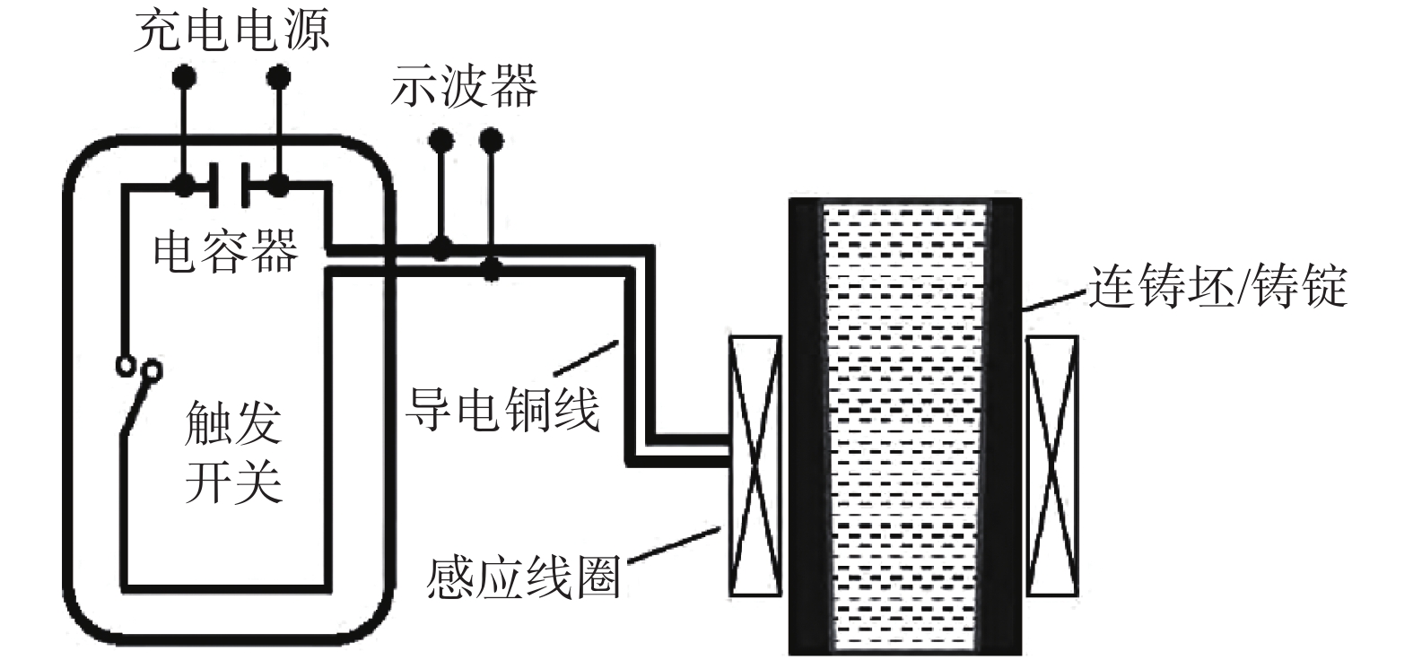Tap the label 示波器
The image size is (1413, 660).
click(464, 87)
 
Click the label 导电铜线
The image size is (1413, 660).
click(502, 409)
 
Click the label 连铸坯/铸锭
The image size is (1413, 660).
click(1217, 286)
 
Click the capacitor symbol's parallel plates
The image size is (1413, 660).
click(231, 186)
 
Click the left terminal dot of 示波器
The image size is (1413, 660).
click(440, 140)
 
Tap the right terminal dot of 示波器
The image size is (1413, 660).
click(491, 140)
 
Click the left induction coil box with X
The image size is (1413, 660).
click(754, 465)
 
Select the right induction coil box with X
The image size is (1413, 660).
click(1051, 465)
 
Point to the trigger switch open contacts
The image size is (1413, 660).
click(139, 368)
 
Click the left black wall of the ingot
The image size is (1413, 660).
click(807, 426)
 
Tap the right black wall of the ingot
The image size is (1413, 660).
click(1001, 426)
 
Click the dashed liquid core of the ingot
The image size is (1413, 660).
click(904, 426)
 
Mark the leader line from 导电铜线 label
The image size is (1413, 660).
click(584, 356)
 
